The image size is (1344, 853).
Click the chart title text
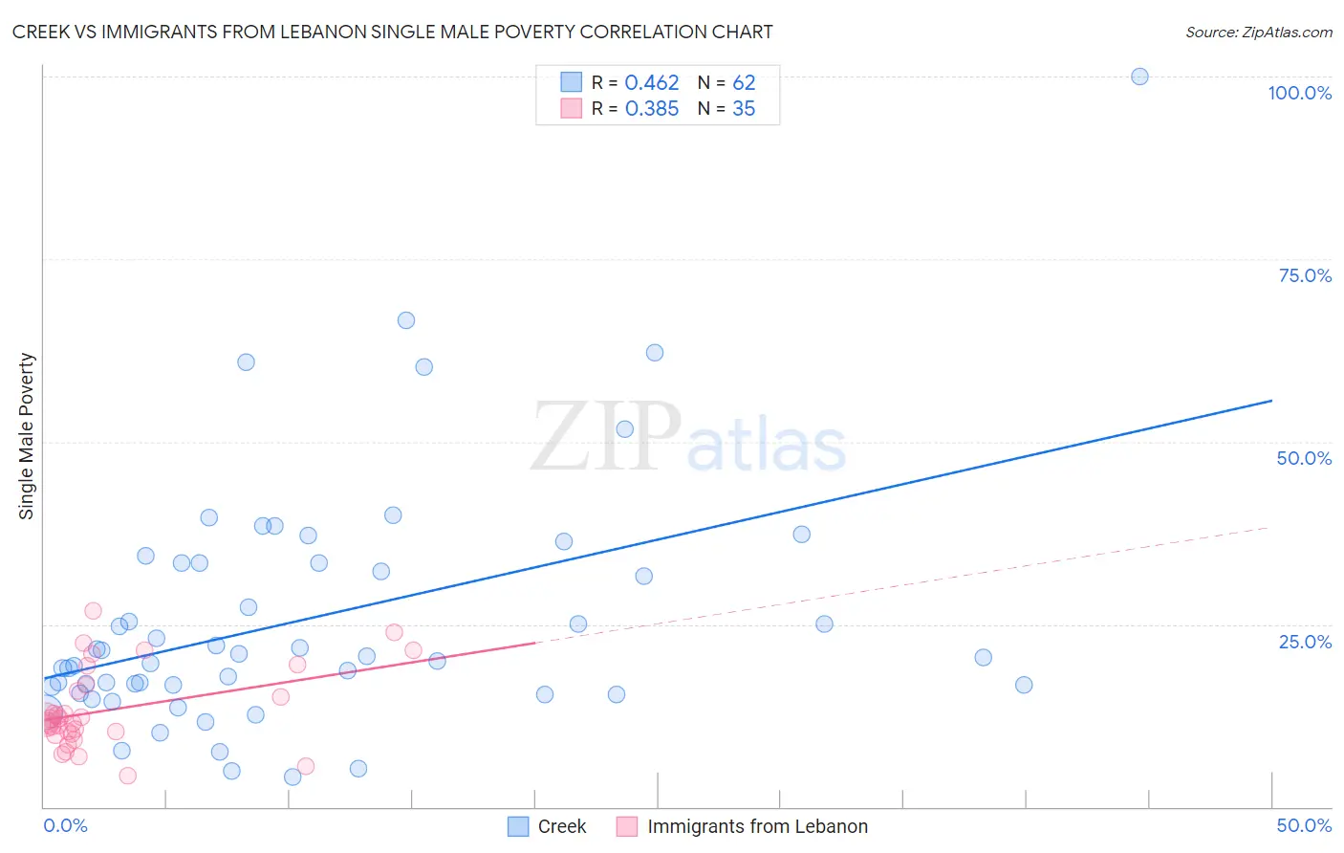pos(392,32)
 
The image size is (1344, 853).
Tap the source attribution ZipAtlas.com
pos(1258,32)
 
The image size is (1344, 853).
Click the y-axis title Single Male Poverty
pos(26,436)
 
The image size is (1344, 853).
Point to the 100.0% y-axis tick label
pos(1299,93)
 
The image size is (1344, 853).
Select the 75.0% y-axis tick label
pos(1305,275)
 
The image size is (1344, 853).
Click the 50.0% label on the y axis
pos(1304,458)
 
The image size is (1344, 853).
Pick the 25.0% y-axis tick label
pos(1305,642)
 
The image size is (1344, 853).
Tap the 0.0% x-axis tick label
pos(65,825)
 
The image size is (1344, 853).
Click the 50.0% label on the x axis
pos(1304,825)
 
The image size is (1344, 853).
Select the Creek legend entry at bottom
pos(561,826)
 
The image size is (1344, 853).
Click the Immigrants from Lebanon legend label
pos(757,826)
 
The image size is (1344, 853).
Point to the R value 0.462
pos(651,83)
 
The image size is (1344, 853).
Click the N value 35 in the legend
pos(743,109)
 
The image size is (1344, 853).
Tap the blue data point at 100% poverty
pos(1139,77)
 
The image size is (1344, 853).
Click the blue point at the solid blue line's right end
pos(1271,401)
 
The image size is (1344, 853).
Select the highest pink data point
pos(93,611)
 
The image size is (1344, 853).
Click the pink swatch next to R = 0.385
pos(571,108)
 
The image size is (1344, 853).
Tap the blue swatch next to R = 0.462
pos(571,82)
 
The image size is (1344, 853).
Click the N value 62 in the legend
pos(743,83)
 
